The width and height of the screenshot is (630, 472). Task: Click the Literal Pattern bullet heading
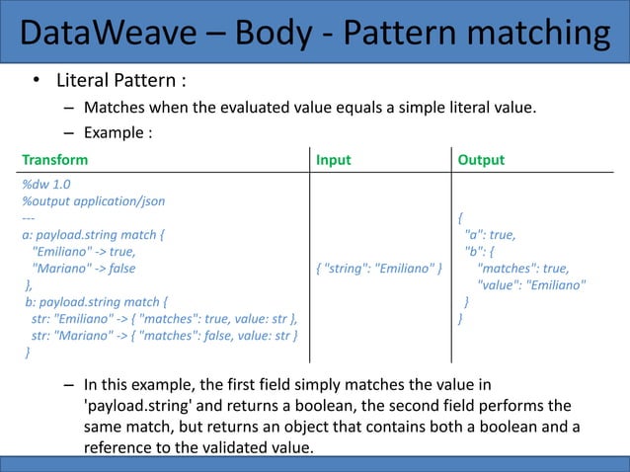pyautogui.click(x=120, y=79)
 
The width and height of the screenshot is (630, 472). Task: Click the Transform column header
pyautogui.click(x=54, y=160)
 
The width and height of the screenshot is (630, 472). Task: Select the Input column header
pyautogui.click(x=333, y=160)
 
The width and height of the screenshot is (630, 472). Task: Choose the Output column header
pyautogui.click(x=481, y=160)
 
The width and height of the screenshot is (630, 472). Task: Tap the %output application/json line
pyautogui.click(x=93, y=200)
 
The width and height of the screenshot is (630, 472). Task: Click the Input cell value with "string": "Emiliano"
pyautogui.click(x=378, y=269)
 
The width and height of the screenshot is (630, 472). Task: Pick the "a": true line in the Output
pyautogui.click(x=490, y=234)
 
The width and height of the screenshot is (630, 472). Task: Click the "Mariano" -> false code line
pyautogui.click(x=84, y=269)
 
